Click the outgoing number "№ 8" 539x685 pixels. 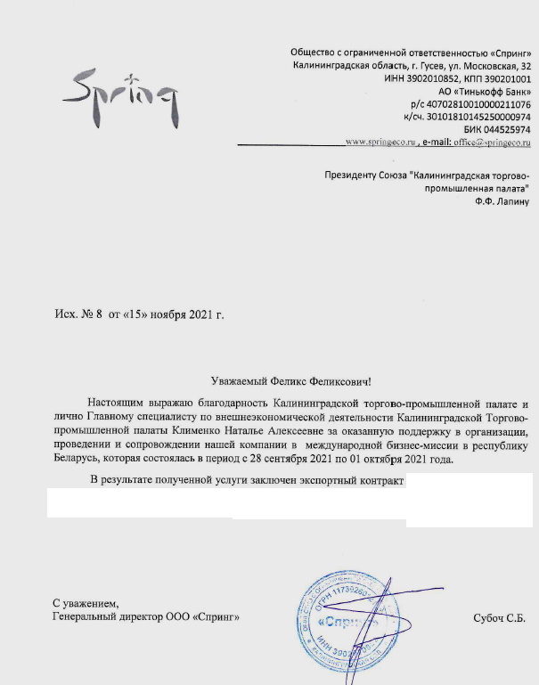pos(92,314)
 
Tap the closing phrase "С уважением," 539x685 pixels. pos(85,603)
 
